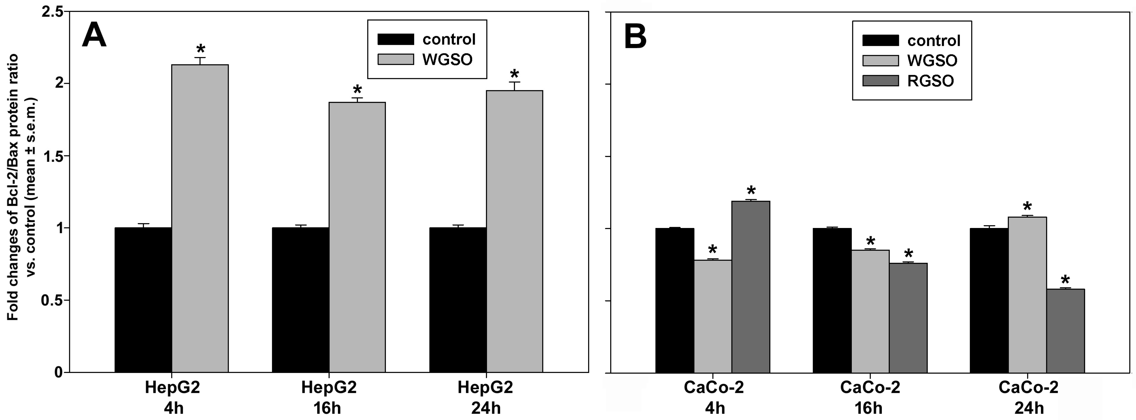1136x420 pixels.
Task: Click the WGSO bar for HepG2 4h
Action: click(200, 218)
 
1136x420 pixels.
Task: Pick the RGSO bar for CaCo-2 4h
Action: click(751, 287)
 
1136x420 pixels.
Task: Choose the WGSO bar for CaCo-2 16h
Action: click(870, 311)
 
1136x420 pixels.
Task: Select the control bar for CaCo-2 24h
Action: click(989, 300)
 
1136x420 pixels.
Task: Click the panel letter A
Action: click(94, 35)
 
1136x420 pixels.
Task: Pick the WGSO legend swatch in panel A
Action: click(396, 59)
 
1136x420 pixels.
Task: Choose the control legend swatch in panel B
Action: click(880, 41)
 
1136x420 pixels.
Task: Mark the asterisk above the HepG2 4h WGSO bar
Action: click(201, 49)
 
